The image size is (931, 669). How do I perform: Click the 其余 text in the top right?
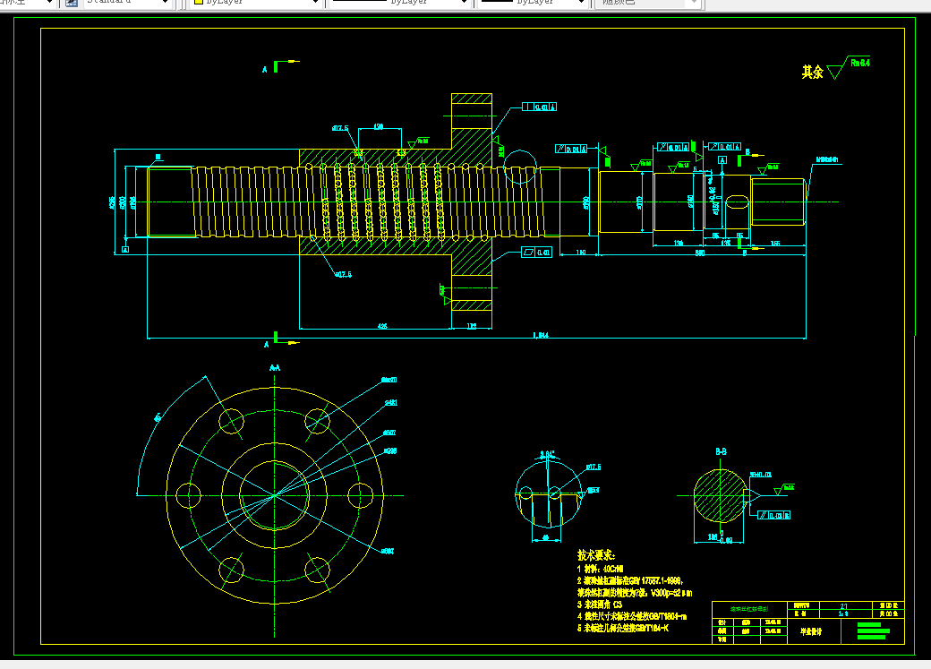[x=812, y=73]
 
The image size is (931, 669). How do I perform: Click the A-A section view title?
[x=275, y=368]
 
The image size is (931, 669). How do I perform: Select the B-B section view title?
[x=721, y=452]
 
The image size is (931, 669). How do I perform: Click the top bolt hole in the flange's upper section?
[x=472, y=114]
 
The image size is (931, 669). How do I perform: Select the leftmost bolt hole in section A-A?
[x=189, y=494]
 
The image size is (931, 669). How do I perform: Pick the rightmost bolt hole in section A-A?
[x=360, y=494]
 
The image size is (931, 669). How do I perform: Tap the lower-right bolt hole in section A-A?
[x=317, y=568]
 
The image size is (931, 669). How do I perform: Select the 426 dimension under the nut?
[x=382, y=326]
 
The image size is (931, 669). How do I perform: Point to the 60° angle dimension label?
[x=158, y=417]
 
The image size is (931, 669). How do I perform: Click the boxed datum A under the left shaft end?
[x=125, y=249]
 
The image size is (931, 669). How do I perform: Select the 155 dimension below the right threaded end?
[x=775, y=243]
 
